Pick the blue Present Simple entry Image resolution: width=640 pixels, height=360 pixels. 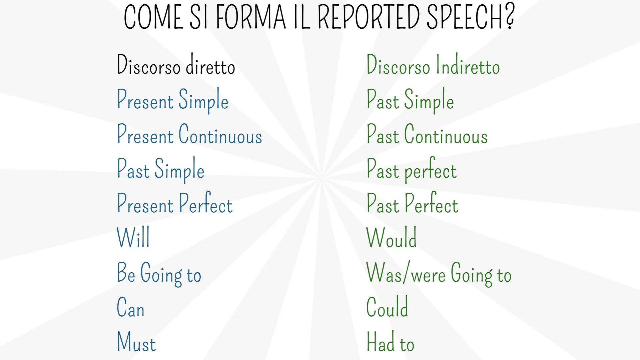coord(172,100)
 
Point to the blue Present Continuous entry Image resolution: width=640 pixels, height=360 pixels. coord(189,135)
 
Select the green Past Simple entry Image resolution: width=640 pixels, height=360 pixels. coord(410,100)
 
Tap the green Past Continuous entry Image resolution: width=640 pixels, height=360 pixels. coord(427,135)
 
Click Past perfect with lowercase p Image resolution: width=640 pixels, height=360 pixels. coord(412,170)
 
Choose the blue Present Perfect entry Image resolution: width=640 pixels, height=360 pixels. coord(174,204)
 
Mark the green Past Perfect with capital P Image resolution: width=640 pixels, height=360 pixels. coord(412,204)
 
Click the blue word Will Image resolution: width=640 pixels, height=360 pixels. coord(133,238)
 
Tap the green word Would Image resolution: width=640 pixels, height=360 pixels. coord(392,238)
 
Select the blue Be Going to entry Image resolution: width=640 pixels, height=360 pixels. coord(159,274)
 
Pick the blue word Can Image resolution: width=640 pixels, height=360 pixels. coord(130,308)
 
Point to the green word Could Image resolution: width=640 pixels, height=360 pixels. coord(387,307)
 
